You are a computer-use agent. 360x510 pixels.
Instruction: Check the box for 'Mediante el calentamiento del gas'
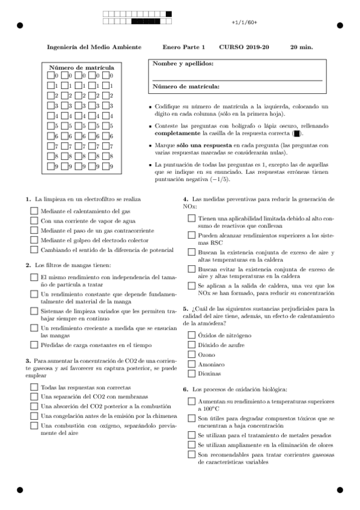point(34,211)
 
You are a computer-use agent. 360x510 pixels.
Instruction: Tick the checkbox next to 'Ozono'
point(192,355)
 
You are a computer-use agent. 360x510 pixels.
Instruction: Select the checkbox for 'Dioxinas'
point(192,374)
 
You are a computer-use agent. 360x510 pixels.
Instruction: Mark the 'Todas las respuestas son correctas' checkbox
point(34,387)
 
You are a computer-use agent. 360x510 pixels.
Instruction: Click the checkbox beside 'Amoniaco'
point(192,364)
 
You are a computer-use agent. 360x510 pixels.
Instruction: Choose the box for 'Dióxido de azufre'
point(192,345)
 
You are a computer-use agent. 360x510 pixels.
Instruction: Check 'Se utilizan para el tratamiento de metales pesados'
point(192,435)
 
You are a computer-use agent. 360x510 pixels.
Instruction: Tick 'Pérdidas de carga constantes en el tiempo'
point(34,345)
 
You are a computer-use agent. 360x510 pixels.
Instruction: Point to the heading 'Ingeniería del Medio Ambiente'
point(95,46)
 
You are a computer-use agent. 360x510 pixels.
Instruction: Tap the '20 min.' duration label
point(301,46)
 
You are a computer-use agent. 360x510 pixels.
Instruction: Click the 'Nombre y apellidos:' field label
point(183,63)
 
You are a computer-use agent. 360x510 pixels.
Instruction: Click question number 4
point(186,198)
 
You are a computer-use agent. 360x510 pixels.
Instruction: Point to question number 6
point(186,390)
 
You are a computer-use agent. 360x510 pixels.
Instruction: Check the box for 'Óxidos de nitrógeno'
point(192,336)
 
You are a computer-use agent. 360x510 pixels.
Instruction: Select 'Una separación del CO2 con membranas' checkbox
point(34,397)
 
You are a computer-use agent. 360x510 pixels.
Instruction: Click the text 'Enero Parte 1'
point(183,46)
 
